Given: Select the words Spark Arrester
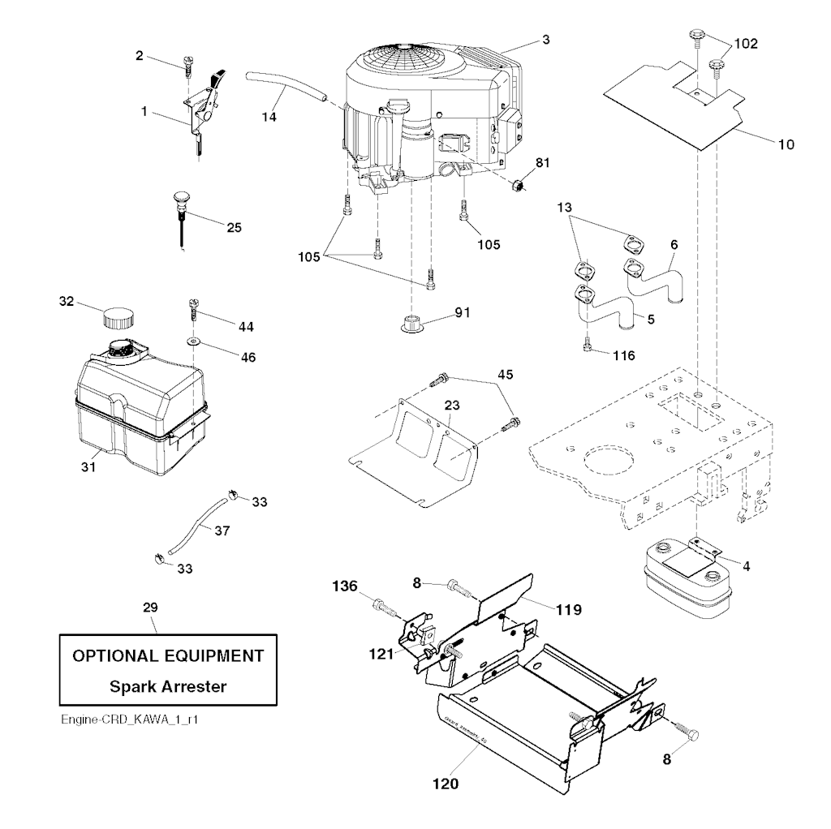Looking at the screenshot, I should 168,687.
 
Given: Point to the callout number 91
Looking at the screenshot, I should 463,311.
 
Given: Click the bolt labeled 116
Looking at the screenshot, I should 588,347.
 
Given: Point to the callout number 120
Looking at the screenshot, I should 446,784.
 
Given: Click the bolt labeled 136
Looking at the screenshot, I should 381,605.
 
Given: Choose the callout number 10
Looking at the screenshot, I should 786,145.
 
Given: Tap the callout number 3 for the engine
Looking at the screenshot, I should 546,38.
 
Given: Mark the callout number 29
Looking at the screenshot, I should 151,607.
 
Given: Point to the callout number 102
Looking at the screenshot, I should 746,44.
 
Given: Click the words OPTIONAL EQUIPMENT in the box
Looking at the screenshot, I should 168,655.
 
